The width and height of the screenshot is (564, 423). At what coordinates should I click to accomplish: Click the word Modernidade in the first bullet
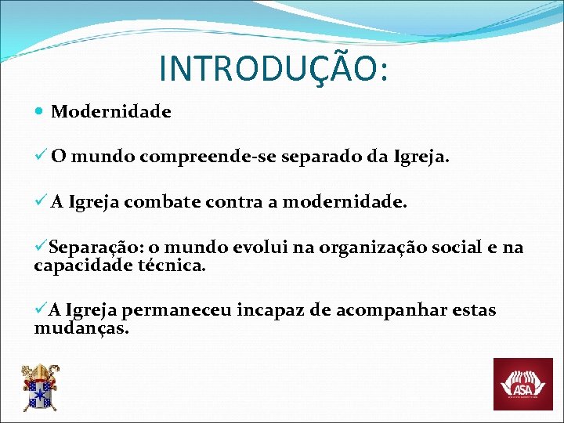click(110, 112)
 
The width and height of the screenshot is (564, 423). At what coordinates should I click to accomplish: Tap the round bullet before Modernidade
click(40, 112)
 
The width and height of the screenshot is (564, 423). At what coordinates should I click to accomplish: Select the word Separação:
click(89, 248)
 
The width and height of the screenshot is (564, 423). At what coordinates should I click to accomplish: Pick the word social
click(459, 248)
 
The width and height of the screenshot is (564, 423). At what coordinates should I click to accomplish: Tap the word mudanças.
click(81, 327)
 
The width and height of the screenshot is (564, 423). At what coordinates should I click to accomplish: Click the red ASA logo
click(522, 384)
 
